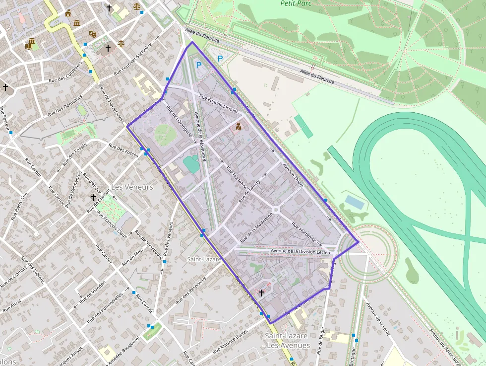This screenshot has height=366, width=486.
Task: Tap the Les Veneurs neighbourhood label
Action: point(132,187)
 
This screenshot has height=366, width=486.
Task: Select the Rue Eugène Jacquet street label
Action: point(218,102)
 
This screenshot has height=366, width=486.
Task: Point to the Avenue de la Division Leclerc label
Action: point(301,251)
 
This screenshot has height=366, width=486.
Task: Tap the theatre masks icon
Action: point(92,34)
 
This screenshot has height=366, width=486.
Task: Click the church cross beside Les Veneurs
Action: point(93,198)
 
